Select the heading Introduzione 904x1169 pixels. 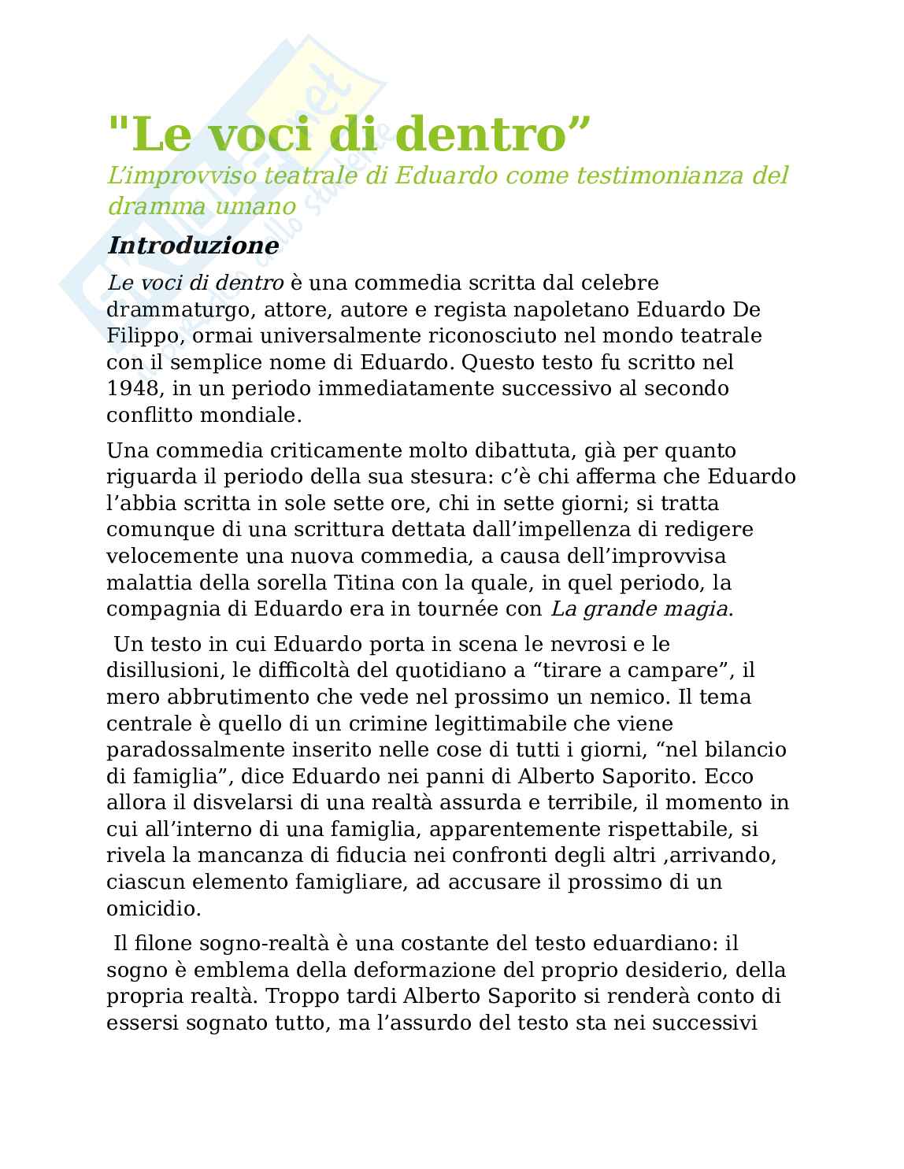[193, 246]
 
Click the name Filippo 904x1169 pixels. [134, 335]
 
